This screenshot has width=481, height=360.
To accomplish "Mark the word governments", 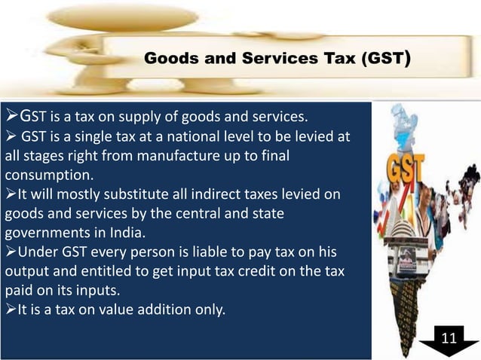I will tap(46, 233).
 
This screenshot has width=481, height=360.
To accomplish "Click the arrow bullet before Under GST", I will tap(10, 252).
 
